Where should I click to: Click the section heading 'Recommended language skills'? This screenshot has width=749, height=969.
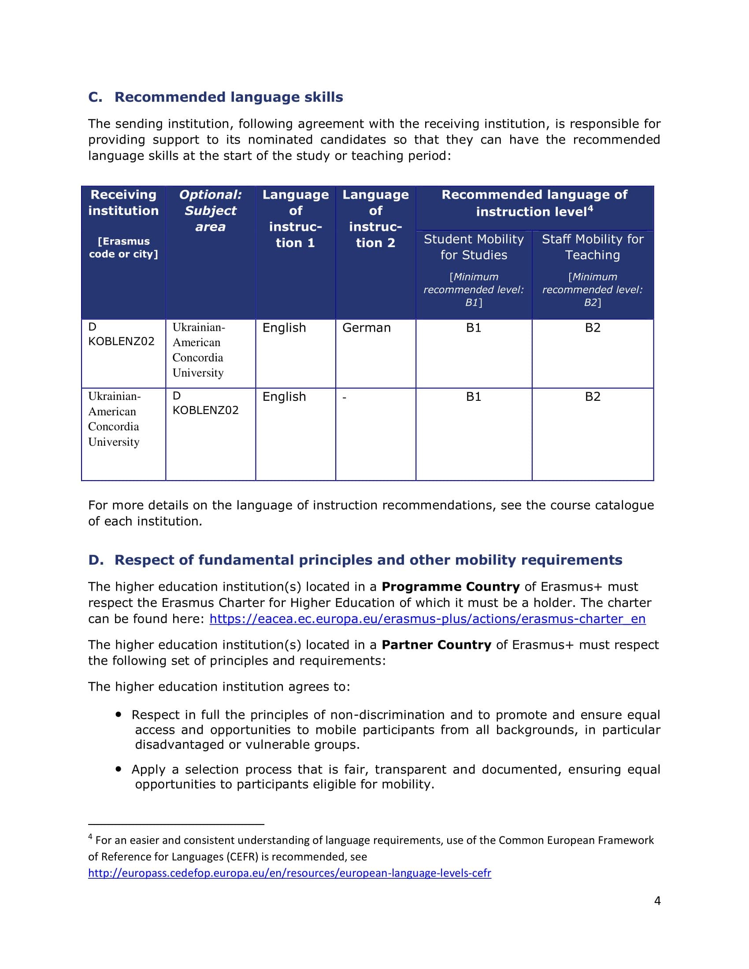[x=229, y=97]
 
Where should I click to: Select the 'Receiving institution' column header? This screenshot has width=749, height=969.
[x=123, y=203]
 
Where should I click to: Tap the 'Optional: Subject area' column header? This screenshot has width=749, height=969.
[x=210, y=211]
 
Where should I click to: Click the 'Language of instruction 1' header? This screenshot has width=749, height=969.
[x=296, y=219]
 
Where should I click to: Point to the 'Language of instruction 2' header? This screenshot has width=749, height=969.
[x=375, y=219]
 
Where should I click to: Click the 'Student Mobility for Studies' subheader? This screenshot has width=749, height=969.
[x=474, y=247]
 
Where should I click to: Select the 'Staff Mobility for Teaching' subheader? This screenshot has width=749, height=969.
[x=592, y=247]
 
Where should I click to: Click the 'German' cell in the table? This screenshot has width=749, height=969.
[x=367, y=328]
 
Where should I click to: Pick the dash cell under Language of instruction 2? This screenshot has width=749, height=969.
[x=345, y=397]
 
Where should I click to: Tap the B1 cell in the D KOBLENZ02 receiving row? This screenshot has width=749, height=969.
[x=474, y=328]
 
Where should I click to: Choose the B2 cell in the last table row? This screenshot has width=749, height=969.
[x=592, y=397]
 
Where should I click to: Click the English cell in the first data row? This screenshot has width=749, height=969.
[x=284, y=328]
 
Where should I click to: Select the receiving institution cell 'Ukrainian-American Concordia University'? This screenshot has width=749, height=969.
[x=114, y=419]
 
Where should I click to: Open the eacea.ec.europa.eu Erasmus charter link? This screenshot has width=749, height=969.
[x=427, y=619]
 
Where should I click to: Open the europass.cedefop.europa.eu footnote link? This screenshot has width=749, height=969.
[x=289, y=873]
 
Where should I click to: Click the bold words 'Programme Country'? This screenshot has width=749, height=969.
[x=450, y=587]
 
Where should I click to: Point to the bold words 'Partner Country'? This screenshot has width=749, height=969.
[x=436, y=645]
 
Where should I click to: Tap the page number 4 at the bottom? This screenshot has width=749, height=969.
[x=657, y=901]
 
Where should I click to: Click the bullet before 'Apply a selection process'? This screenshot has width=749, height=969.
[x=119, y=769]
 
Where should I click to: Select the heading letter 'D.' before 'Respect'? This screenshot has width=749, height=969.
[x=96, y=560]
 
